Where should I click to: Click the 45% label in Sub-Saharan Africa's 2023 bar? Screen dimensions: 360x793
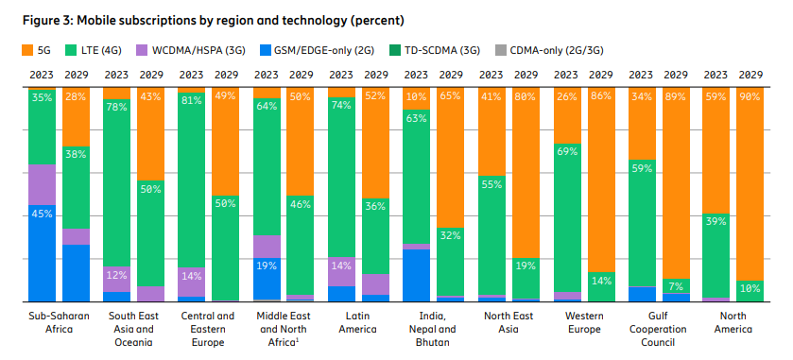click(x=42, y=214)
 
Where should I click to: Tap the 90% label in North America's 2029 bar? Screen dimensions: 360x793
click(x=750, y=95)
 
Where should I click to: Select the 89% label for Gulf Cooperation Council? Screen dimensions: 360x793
click(x=676, y=95)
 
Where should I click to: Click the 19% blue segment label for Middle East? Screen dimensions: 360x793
click(x=267, y=266)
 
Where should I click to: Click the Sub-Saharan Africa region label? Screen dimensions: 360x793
click(x=59, y=322)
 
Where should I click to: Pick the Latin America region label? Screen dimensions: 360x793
click(x=359, y=322)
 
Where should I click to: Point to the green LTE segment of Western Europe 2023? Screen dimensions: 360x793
click(x=567, y=217)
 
